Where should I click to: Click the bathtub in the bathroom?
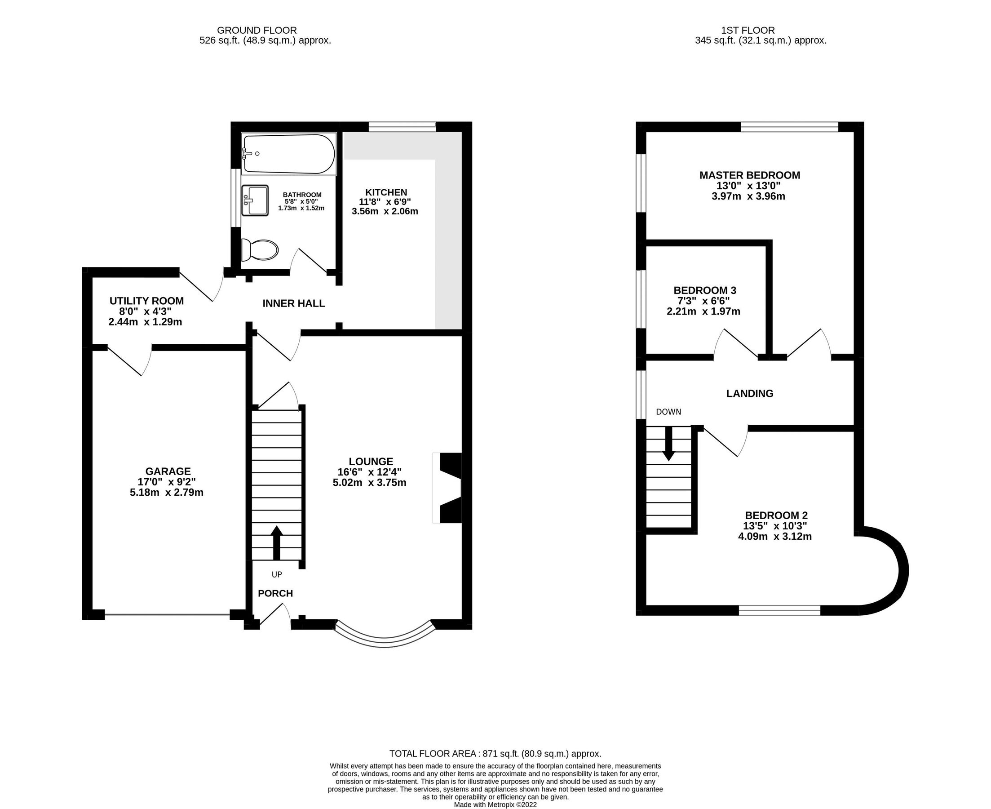click(x=289, y=154)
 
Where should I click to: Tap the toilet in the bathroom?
click(x=260, y=250)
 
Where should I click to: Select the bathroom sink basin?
click(x=255, y=200)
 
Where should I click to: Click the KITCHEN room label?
click(x=386, y=192)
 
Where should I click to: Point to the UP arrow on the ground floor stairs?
click(x=277, y=542)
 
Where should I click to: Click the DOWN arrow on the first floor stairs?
click(x=669, y=443)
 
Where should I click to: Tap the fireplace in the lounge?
click(x=448, y=488)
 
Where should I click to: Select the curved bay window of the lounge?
click(x=385, y=641)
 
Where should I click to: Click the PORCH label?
click(x=275, y=593)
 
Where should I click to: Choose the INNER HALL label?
click(x=293, y=303)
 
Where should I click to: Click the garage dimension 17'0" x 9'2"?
click(x=168, y=482)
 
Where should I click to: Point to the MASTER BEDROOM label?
click(x=749, y=175)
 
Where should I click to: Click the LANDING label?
click(x=749, y=393)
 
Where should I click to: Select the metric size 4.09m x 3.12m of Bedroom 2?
click(x=774, y=536)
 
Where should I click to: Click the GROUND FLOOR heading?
click(x=257, y=30)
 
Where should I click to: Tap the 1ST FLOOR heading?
click(x=748, y=30)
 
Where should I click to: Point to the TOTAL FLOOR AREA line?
click(x=495, y=754)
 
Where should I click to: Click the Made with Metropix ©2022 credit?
click(x=495, y=805)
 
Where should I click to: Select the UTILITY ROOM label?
click(x=146, y=301)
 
